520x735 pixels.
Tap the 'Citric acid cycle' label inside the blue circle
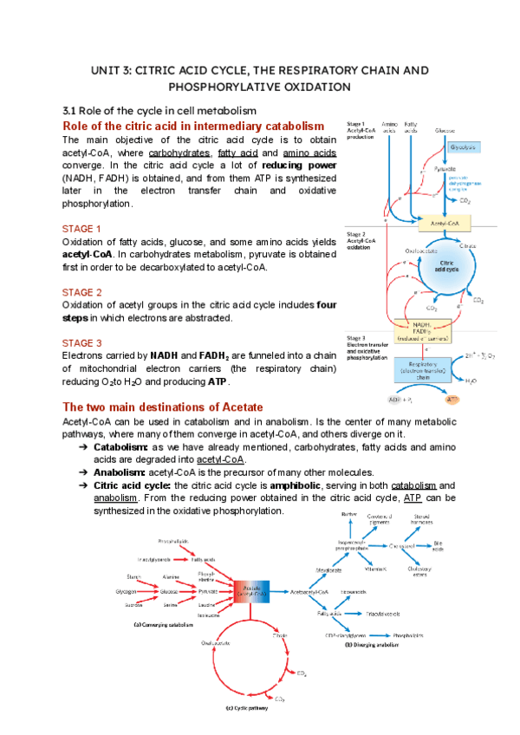coord(448,267)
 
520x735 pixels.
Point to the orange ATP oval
coord(452,400)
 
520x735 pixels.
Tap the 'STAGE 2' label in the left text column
coord(82,292)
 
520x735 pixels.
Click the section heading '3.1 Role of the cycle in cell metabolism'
coord(159,110)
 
